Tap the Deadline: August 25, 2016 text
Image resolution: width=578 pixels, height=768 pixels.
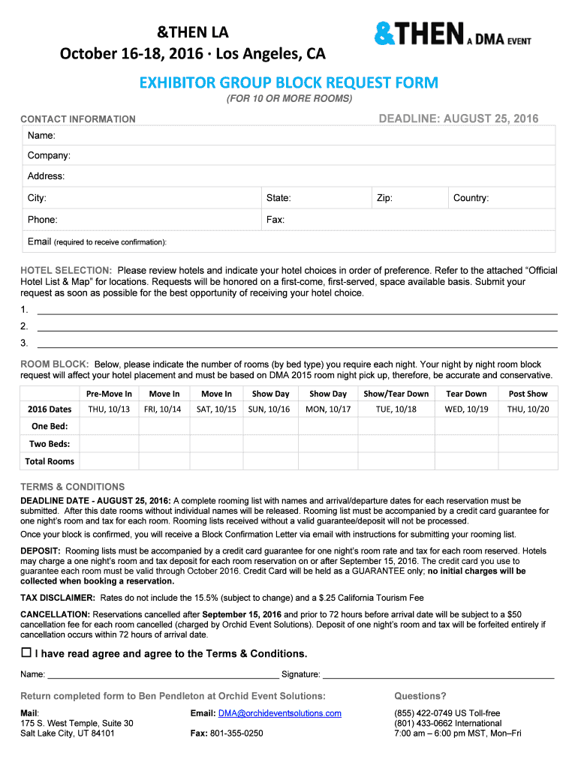click(x=458, y=118)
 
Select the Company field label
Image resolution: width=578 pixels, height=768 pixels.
click(x=49, y=155)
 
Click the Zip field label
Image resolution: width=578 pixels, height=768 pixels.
click(x=384, y=198)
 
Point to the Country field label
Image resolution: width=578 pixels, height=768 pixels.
click(x=471, y=198)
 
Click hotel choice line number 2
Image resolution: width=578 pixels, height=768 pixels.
click(x=297, y=326)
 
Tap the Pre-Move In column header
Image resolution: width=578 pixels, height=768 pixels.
click(x=109, y=394)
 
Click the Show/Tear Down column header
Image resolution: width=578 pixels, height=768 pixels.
click(x=396, y=394)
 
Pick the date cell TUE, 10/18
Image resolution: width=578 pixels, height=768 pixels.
click(x=396, y=409)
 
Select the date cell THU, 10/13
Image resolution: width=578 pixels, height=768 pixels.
click(x=109, y=409)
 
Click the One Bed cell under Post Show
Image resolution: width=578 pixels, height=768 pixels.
click(x=528, y=426)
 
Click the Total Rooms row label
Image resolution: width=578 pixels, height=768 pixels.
click(x=50, y=461)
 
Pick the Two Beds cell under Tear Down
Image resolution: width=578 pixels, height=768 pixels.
click(x=466, y=443)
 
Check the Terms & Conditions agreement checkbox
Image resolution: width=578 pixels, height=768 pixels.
click(x=26, y=652)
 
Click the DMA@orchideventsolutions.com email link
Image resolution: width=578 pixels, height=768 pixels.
click(x=279, y=713)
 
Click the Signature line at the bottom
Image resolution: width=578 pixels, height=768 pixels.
click(x=438, y=673)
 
